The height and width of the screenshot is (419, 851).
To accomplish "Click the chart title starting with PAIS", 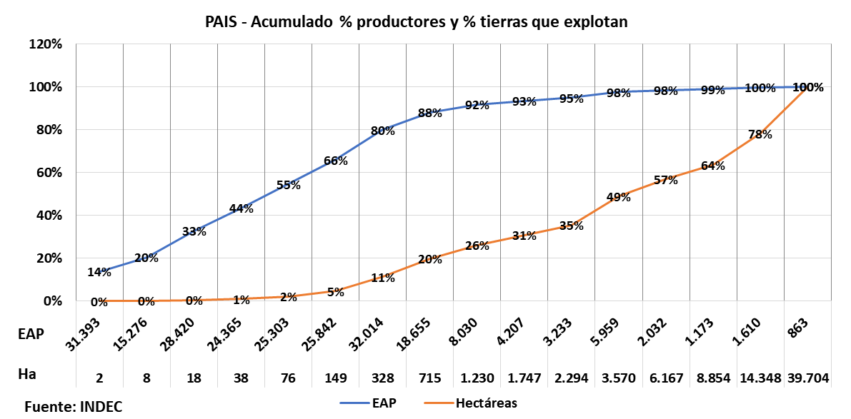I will click(416, 22).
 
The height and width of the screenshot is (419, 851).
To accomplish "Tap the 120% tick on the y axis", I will click(45, 44).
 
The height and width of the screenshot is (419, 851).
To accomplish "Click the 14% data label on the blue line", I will click(99, 272).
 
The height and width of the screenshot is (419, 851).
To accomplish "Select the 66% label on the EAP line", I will click(335, 161).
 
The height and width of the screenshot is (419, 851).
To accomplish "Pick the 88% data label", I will click(430, 113).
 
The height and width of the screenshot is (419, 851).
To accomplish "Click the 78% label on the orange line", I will click(760, 134).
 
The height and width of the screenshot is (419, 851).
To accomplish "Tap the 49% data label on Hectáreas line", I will click(619, 197).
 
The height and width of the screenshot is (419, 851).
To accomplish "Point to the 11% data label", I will click(383, 278).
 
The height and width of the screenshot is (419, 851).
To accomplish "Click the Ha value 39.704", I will click(808, 378).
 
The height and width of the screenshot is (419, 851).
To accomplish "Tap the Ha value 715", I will click(429, 378).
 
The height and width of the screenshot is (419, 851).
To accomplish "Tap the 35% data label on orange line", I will click(572, 226).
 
